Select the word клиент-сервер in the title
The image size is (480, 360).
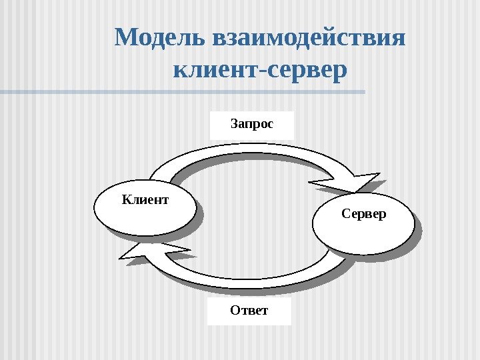pyautogui.click(x=260, y=69)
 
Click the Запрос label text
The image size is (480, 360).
pyautogui.click(x=252, y=124)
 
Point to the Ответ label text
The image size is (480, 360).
pyautogui.click(x=249, y=311)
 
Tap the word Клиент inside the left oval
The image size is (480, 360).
pyautogui.click(x=145, y=199)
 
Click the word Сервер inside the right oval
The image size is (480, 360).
pyautogui.click(x=363, y=215)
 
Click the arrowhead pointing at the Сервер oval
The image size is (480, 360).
pyautogui.click(x=360, y=183)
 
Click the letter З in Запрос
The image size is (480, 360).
pyautogui.click(x=234, y=124)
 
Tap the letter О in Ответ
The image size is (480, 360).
pyautogui.click(x=235, y=311)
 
